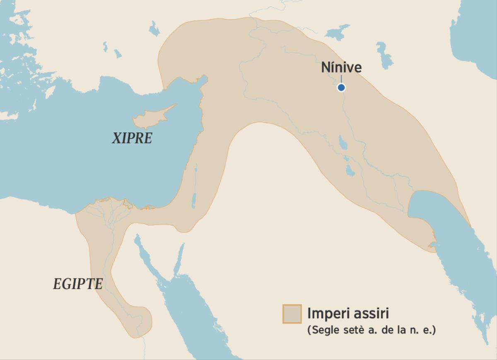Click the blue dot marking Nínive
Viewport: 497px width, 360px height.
[x=341, y=87]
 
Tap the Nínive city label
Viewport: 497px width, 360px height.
[x=341, y=68]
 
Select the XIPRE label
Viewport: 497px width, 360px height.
[x=132, y=138]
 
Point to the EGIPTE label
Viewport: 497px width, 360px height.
[x=78, y=284]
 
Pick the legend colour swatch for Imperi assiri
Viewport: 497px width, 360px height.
[x=292, y=314]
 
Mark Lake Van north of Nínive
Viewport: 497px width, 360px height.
[x=338, y=31]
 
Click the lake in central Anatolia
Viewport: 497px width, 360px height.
[x=154, y=29]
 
